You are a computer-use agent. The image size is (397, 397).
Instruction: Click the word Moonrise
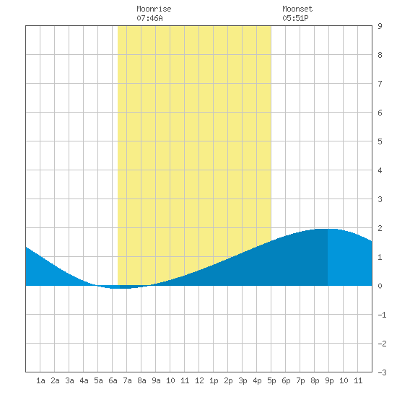click(x=154, y=9)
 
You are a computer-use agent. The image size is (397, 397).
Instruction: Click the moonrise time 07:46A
click(x=149, y=18)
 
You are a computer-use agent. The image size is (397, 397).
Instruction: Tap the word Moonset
click(x=297, y=9)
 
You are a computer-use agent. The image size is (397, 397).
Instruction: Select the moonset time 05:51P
click(x=295, y=18)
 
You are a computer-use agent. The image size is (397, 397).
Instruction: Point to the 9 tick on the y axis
click(x=380, y=26)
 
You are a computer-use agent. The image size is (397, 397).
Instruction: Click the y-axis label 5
click(x=380, y=141)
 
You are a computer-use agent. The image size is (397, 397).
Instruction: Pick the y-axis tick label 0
click(x=380, y=286)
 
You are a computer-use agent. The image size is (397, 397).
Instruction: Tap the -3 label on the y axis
click(x=382, y=372)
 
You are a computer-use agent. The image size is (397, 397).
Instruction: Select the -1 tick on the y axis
click(x=382, y=315)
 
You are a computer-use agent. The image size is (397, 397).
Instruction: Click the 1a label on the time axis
click(x=40, y=380)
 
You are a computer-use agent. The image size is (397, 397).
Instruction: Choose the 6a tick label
click(x=113, y=380)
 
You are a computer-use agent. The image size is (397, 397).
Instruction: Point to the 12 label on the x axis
click(x=199, y=380)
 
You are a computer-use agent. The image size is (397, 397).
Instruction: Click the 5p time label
click(x=271, y=380)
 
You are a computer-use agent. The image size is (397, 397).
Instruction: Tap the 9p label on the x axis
click(x=329, y=380)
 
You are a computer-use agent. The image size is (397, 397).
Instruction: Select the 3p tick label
click(x=243, y=380)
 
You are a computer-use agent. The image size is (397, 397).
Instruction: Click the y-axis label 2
click(x=380, y=228)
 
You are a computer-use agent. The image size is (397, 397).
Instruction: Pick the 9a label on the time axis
click(x=156, y=380)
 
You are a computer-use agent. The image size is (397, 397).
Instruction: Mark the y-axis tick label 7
click(x=380, y=84)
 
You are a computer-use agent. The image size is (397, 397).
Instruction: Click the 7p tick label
click(x=300, y=380)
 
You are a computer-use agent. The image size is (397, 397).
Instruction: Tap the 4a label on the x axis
click(x=84, y=380)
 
